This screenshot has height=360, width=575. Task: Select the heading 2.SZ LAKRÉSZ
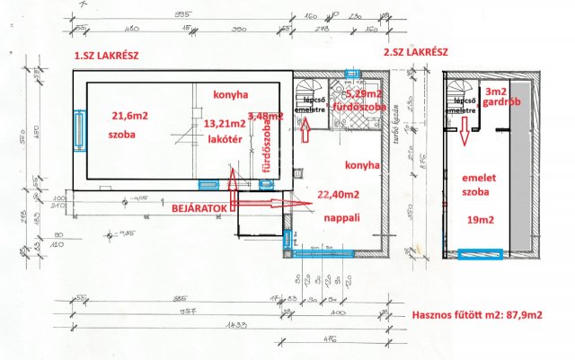coord(416,53)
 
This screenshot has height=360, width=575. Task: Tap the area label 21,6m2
coord(130,116)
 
